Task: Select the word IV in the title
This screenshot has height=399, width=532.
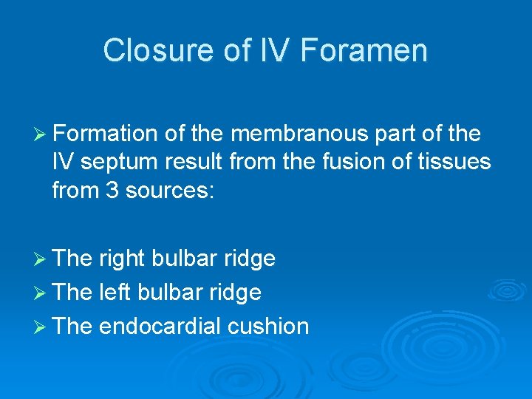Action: point(279,51)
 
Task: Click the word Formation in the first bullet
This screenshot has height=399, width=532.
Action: point(105,134)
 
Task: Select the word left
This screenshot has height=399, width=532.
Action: point(114,293)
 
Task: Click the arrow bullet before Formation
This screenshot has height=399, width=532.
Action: point(41,134)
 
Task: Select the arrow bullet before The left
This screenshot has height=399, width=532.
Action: point(41,293)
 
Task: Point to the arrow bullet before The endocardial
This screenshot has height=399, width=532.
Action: point(41,326)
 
